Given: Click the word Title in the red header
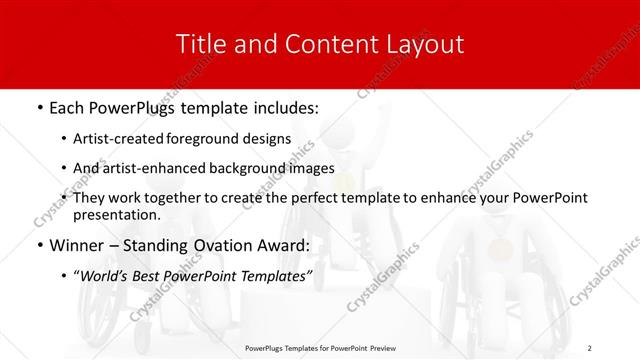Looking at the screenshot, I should pos(199,44).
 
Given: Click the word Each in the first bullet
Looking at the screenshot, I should pos(66,105).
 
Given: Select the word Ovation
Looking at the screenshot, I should pos(211,244).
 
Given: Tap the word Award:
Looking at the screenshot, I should pos(275,244).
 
